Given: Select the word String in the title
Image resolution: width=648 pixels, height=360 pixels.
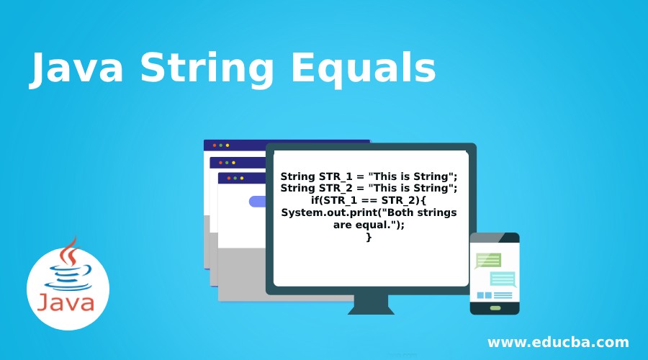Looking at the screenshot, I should tap(208, 71).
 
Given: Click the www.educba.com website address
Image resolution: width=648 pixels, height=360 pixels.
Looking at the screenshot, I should tap(558, 342).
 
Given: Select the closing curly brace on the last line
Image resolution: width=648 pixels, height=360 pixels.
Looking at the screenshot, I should tap(369, 237).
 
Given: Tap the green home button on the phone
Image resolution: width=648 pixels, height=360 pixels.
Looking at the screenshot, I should tap(495, 307).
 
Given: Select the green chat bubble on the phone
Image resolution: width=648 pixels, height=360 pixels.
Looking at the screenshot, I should tap(488, 260).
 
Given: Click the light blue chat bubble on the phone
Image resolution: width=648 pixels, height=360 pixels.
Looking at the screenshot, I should tap(503, 279).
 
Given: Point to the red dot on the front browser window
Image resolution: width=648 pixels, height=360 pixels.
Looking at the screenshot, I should tap(229, 178).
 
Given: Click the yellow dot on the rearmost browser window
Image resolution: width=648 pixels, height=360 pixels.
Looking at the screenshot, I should tap(228, 145).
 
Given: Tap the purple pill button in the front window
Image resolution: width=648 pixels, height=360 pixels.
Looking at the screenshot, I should tap(257, 202).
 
